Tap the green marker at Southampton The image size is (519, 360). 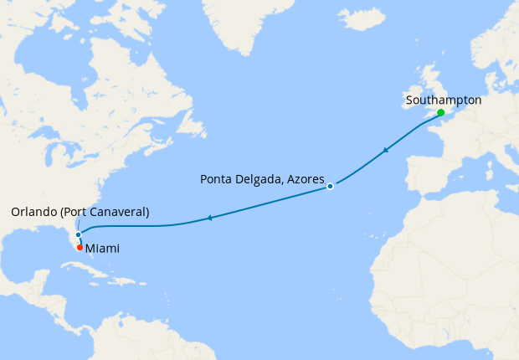click(440, 112)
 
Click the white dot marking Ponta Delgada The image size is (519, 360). click(331, 186)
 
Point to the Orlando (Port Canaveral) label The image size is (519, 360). click(80, 213)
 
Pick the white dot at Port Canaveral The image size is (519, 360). click(78, 234)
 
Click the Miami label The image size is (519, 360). click(102, 249)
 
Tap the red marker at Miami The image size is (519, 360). click(80, 247)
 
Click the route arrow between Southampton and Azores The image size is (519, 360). click(385, 151)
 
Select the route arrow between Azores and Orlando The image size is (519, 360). click(208, 219)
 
